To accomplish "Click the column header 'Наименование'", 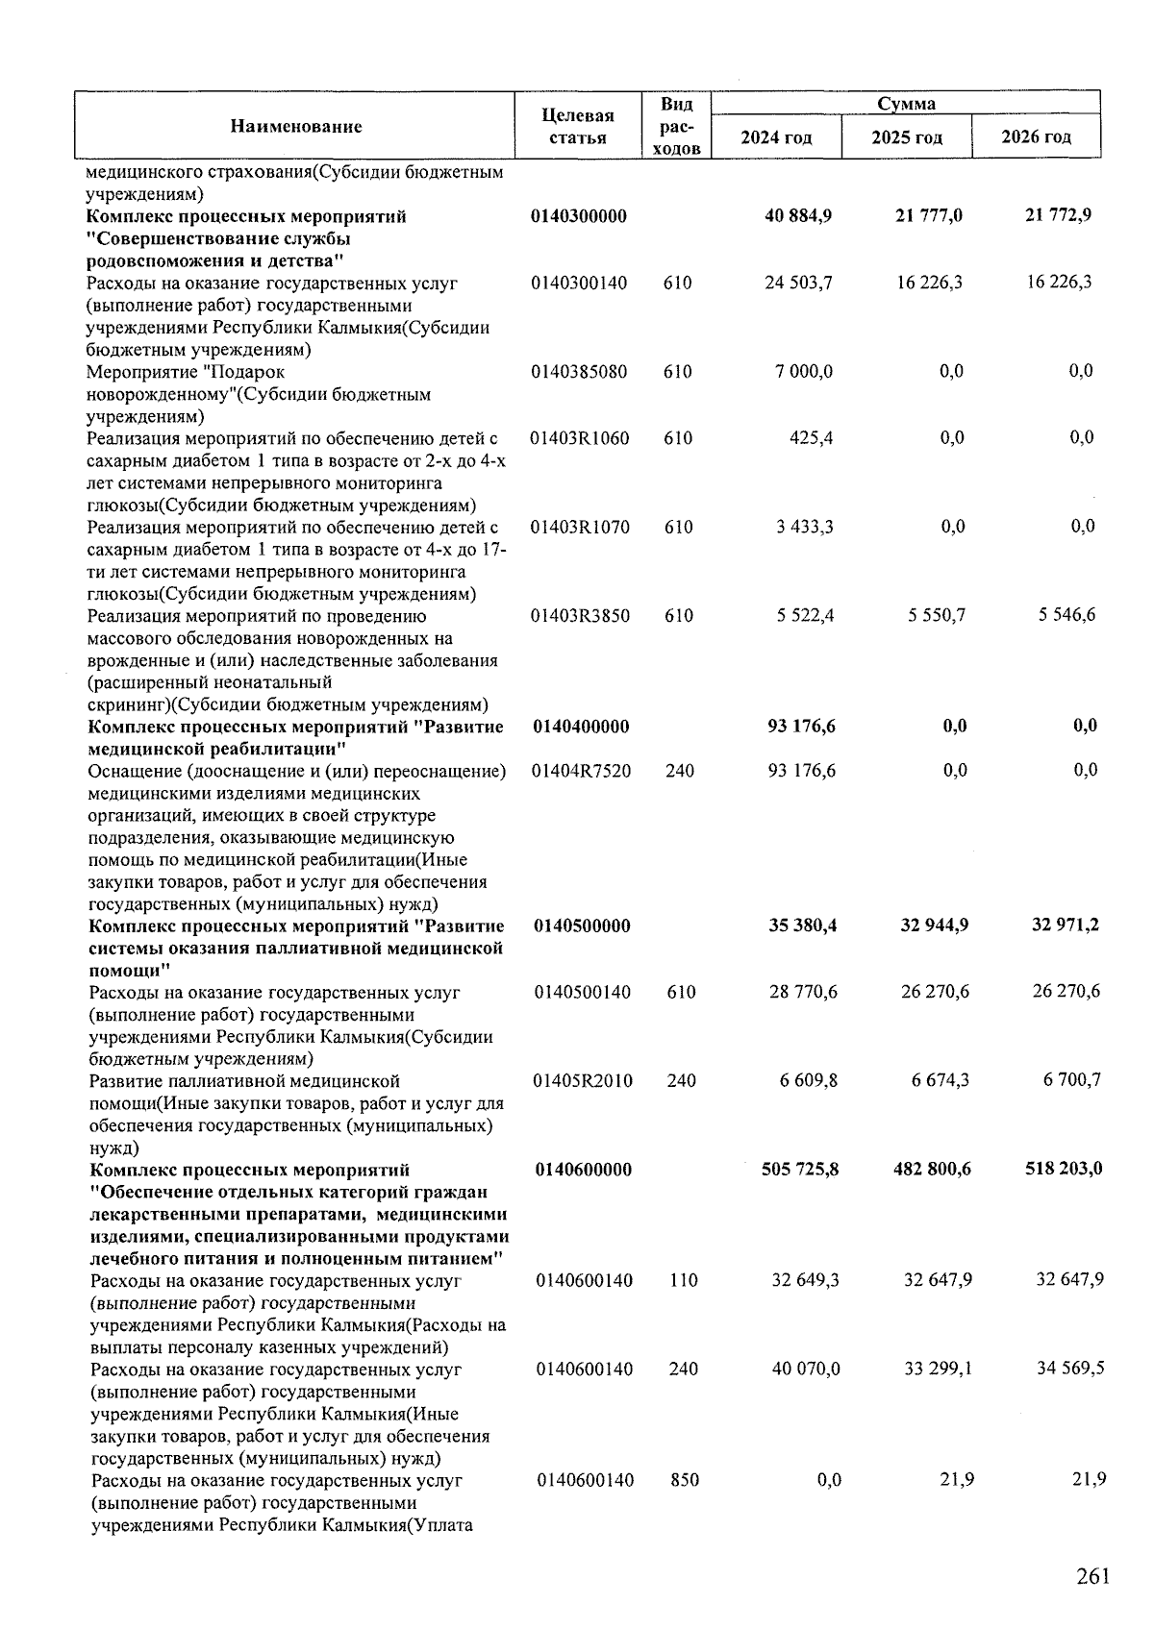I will (295, 126).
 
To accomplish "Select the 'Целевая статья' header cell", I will (578, 127).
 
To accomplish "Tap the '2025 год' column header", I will (907, 137).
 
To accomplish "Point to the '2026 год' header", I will (1036, 136).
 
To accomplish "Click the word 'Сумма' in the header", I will (906, 104).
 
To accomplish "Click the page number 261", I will (1092, 1576).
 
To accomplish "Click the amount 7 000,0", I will (804, 372).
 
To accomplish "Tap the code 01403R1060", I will (580, 439).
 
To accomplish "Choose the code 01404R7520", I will (583, 771).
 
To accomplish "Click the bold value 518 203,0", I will (1062, 1170).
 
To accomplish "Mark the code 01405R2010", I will (584, 1081).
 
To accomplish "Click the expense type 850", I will (684, 1480).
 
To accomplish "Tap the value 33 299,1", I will (938, 1369).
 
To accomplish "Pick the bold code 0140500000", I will (583, 926).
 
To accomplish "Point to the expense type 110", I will (683, 1281).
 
